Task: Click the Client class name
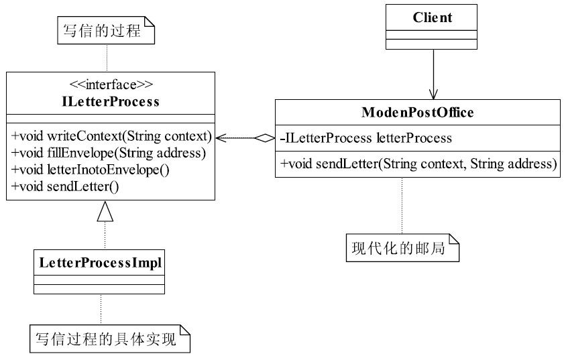[432, 17]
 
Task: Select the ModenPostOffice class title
[418, 112]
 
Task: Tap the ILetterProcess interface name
[111, 101]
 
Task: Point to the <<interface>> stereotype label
[111, 84]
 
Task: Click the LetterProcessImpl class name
[101, 263]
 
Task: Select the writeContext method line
[111, 136]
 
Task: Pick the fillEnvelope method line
[109, 153]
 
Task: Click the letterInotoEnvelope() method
[91, 170]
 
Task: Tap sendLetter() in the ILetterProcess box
[65, 186]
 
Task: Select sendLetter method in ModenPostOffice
[418, 164]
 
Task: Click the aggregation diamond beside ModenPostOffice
[265, 138]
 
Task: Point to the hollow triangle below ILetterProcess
[105, 211]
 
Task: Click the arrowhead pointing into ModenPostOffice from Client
[433, 94]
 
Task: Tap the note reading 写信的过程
[106, 30]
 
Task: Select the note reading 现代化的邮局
[402, 247]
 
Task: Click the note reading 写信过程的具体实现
[110, 339]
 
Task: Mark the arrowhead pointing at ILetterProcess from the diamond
[221, 138]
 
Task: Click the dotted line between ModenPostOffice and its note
[402, 206]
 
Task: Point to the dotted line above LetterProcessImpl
[105, 235]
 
